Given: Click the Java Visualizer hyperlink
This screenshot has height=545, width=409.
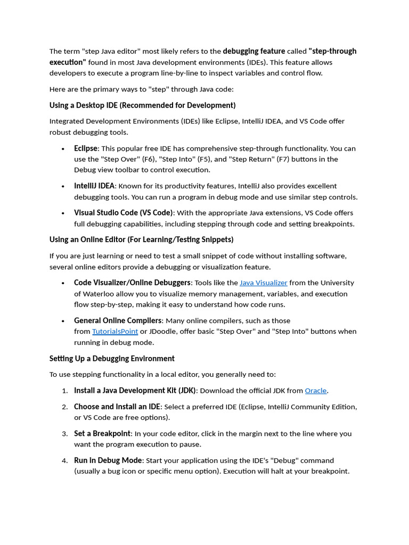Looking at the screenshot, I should [263, 283].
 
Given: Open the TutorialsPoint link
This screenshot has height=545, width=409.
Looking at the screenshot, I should [114, 331].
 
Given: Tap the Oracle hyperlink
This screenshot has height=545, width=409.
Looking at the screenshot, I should [315, 390].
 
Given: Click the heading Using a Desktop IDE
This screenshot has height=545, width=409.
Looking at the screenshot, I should [142, 105].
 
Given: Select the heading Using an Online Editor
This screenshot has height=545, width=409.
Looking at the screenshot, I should [141, 240].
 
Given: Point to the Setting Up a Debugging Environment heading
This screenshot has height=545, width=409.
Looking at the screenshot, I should [112, 358].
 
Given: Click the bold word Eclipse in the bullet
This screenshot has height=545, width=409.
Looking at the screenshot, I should [86, 148].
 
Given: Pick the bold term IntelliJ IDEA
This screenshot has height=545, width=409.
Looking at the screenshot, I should [94, 186].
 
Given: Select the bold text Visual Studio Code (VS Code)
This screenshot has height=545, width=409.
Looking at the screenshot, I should [124, 212].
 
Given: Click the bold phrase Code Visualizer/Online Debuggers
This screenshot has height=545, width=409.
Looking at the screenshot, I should [132, 283].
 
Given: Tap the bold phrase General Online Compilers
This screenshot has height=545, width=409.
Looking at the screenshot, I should [118, 320].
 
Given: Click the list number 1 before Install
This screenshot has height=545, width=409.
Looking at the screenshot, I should [64, 391].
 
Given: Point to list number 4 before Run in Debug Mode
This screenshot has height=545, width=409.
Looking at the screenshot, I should [64, 460].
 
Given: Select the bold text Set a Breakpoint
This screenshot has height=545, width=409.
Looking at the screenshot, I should [102, 433].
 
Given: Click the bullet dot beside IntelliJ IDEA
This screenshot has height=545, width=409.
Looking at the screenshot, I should [63, 186].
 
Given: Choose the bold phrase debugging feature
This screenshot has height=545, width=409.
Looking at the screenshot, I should [253, 51].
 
